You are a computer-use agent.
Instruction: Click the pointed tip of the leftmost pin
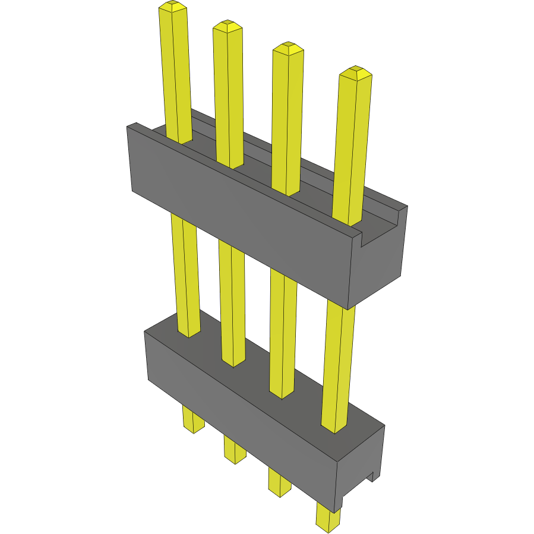tap(173, 7)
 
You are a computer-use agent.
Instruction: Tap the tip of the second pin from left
tap(227, 26)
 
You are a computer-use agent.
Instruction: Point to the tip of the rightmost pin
tap(355, 72)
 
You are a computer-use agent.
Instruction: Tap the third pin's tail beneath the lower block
tap(279, 482)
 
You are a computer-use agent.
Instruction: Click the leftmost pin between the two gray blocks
tap(185, 273)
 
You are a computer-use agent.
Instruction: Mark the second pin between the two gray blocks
tap(232, 303)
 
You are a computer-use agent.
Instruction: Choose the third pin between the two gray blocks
tap(283, 333)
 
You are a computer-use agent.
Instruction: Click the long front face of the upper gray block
tap(238, 214)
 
